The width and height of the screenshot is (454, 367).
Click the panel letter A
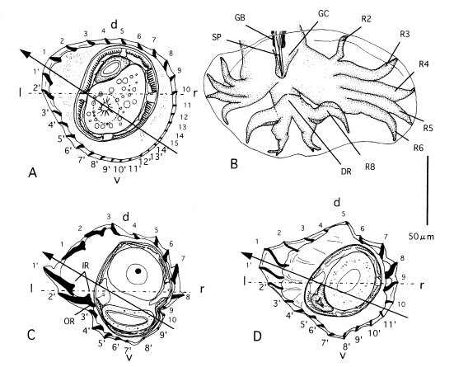point(33,173)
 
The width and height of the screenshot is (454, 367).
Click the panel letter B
point(234,164)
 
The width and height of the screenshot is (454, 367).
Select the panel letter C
point(30,335)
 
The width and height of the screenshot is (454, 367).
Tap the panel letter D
point(257,336)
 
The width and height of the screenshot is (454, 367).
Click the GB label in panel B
point(240,17)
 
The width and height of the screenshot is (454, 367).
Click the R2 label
point(367,19)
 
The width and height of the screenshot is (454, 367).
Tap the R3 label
point(405,34)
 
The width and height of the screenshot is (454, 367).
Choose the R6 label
point(419,148)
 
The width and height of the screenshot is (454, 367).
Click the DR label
point(346,172)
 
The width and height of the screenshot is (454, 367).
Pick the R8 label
point(370,167)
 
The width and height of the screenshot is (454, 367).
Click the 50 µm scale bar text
point(421,236)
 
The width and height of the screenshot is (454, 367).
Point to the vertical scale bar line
point(428,191)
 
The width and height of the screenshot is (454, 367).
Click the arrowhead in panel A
point(26,54)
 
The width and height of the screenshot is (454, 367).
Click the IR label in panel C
point(84,265)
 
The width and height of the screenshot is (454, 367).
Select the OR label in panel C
point(70,321)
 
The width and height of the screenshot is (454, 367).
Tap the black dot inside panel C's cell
point(138,271)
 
